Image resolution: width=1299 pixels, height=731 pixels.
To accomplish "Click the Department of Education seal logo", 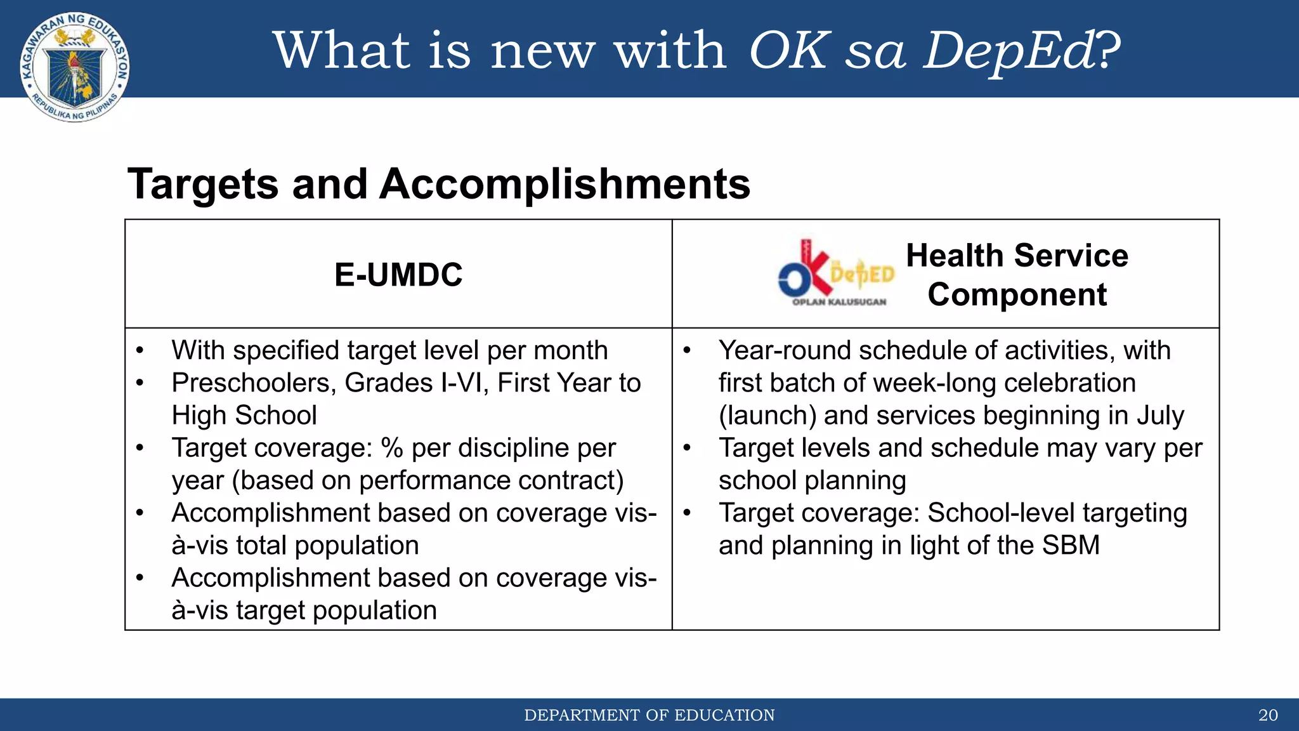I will (75, 67).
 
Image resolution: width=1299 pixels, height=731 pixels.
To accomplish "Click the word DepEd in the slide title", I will (1010, 51).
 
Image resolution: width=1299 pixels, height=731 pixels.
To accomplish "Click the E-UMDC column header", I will (398, 275).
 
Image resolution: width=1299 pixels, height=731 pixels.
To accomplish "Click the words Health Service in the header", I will (1017, 256).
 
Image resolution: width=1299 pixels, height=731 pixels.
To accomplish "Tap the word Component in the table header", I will (1017, 295).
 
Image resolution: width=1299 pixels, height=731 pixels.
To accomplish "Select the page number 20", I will (1267, 715).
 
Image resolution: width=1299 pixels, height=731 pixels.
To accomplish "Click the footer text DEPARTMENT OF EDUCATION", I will (649, 715).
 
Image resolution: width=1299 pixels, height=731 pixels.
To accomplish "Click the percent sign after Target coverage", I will (392, 448).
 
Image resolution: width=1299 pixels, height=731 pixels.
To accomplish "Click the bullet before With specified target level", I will (140, 351).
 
